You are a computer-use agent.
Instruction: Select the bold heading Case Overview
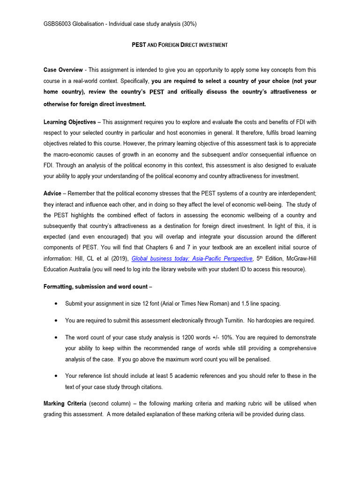[x=63, y=70]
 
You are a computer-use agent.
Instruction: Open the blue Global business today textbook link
[x=192, y=259]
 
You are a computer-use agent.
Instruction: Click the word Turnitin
[x=232, y=321]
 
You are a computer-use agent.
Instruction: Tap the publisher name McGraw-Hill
[x=298, y=259]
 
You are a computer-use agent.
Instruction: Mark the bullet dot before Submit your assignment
[x=56, y=304]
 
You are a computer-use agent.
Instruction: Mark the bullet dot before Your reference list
[x=56, y=376]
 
